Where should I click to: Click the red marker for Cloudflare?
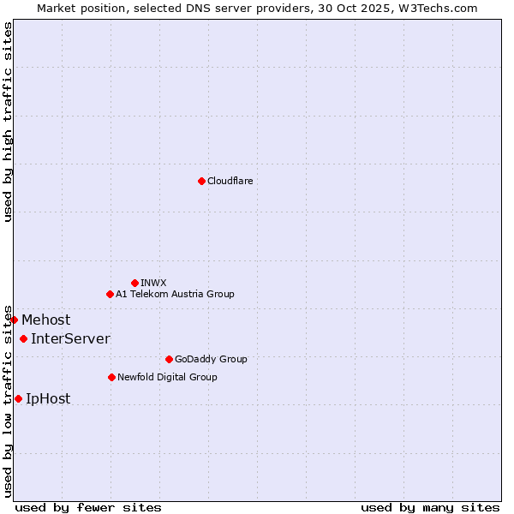coord(201,181)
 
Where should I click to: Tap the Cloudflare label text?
coord(230,181)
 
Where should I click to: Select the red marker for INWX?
coord(134,283)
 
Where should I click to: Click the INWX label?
coord(154,283)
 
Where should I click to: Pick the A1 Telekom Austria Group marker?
coord(110,294)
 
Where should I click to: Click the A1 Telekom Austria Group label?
coord(175,294)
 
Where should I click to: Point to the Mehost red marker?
coord(14,320)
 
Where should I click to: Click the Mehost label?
coord(46,320)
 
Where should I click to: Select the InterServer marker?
coord(23,338)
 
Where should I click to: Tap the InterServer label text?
coord(70,339)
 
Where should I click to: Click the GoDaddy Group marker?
coord(169,359)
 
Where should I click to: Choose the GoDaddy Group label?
coord(211,359)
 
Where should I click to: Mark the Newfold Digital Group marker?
coord(111,377)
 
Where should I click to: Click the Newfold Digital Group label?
coord(167,377)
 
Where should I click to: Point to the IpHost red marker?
coord(18,398)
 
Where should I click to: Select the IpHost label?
coord(48,399)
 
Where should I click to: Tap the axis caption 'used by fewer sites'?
coord(88,507)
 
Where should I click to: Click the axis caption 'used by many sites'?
coord(430,507)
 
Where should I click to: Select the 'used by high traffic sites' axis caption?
coord(8,122)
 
